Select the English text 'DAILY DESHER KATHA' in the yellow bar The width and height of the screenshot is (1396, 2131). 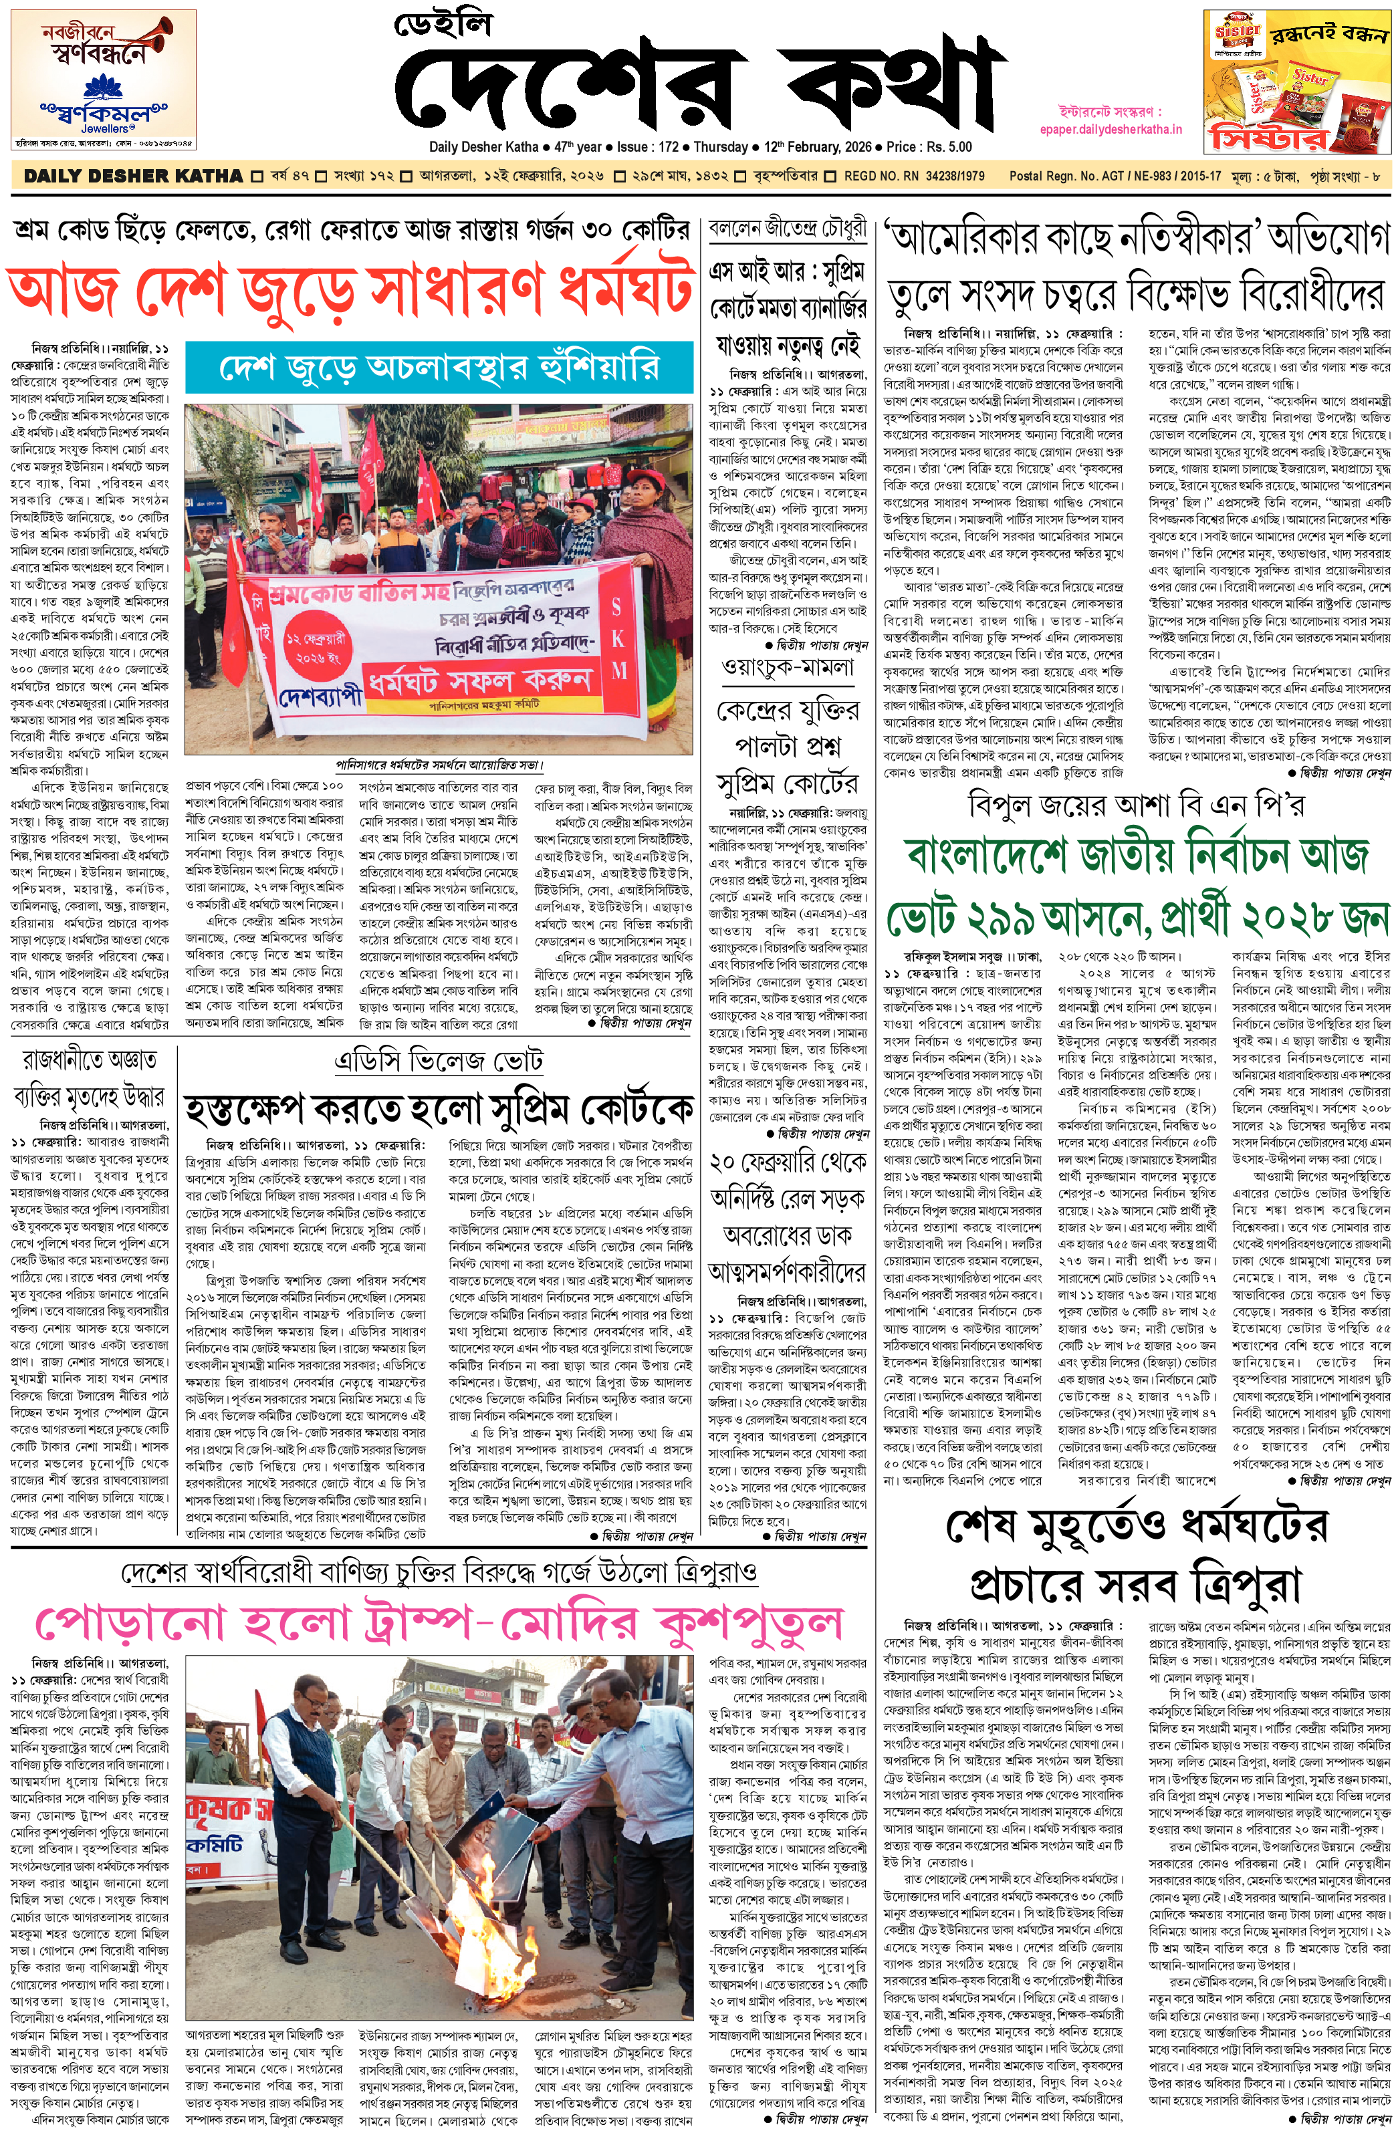coord(132,176)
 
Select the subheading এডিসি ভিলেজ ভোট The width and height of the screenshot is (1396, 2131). coord(438,1062)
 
